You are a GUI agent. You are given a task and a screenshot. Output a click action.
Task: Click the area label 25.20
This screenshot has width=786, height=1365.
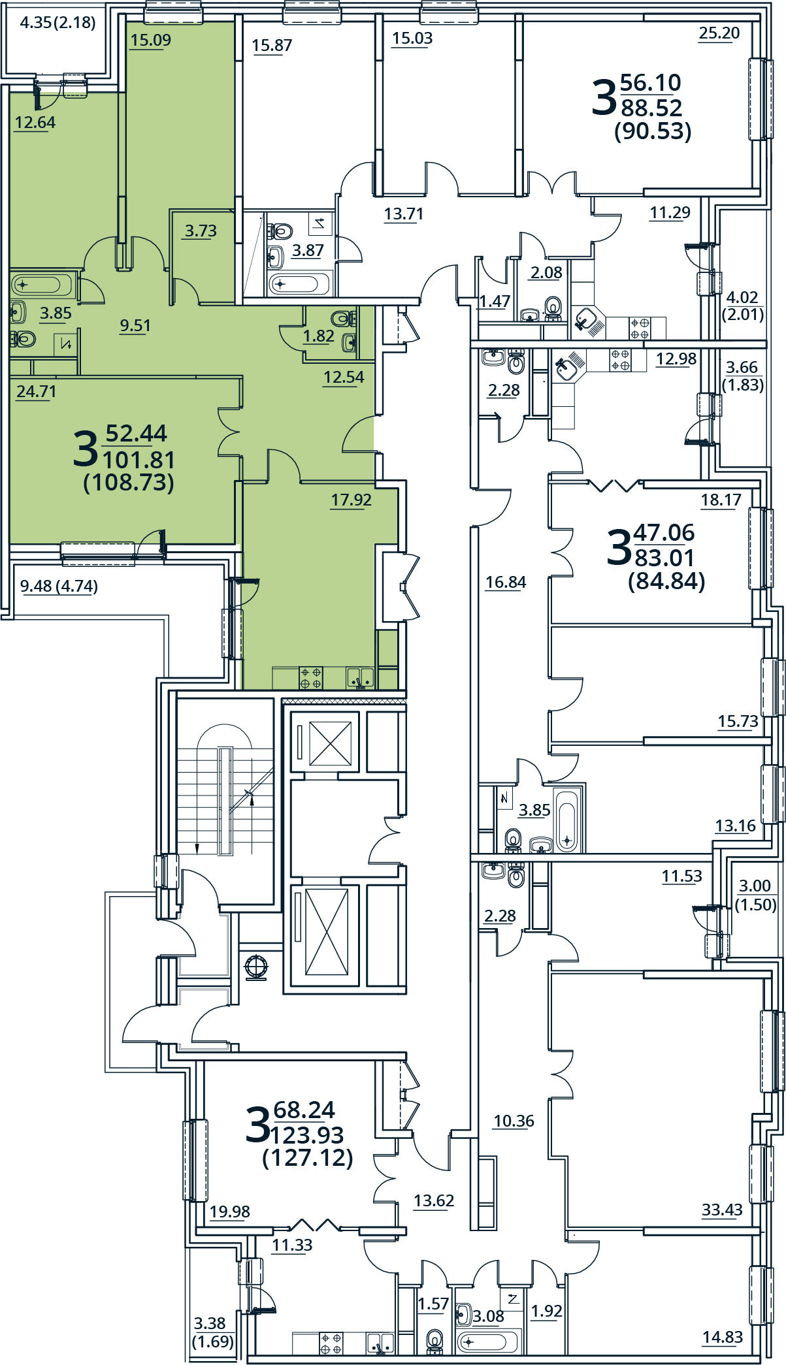point(719,33)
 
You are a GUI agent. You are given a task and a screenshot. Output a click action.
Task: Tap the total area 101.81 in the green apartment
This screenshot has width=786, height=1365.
point(139,460)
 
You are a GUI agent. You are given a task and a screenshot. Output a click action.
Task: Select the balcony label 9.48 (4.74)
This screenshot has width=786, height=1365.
point(59,586)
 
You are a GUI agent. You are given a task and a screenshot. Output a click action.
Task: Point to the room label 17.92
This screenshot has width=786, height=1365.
point(351,500)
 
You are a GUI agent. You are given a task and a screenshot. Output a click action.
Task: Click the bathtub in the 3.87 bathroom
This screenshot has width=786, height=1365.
point(294,284)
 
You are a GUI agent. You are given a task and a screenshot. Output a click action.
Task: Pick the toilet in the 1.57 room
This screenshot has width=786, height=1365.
point(434,1340)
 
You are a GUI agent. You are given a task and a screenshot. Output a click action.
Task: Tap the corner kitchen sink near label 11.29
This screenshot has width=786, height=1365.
point(587,320)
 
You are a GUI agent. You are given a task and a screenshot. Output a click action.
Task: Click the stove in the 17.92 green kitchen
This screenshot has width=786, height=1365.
point(311,678)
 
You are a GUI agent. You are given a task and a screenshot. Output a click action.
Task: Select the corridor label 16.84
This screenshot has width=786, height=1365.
point(505,582)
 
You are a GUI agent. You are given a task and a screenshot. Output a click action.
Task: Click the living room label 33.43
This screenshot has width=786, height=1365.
point(722,1210)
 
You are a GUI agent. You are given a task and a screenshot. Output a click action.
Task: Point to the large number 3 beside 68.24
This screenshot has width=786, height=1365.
point(257,1125)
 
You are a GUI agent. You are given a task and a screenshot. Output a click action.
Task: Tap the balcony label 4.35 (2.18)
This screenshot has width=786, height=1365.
point(57,23)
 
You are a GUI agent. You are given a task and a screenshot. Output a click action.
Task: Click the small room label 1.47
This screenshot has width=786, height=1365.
point(494,301)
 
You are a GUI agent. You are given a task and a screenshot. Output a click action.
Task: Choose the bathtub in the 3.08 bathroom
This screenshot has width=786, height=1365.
point(487,1342)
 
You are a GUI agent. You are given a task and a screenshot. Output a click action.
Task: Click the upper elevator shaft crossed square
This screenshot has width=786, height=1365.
point(330,743)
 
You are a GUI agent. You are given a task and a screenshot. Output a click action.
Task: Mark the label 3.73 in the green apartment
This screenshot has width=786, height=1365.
point(200,231)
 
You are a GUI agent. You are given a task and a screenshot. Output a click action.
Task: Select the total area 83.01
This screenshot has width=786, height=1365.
point(664,558)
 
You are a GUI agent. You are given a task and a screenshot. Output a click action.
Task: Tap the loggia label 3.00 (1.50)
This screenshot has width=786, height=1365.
point(755,895)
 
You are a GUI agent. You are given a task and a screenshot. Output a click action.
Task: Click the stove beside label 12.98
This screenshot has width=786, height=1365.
point(620,359)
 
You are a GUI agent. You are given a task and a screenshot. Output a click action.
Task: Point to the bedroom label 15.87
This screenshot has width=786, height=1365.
point(272,45)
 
